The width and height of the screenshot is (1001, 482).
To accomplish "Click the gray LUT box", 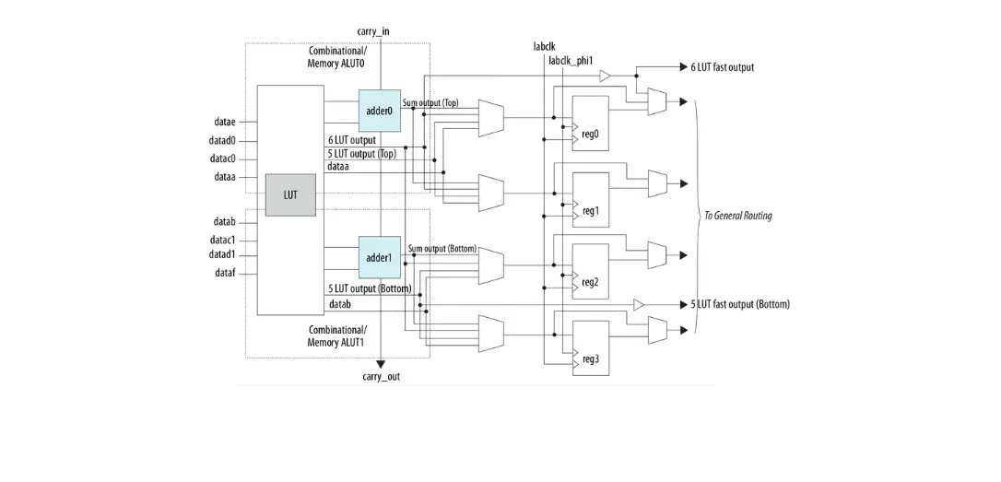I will (x=290, y=194).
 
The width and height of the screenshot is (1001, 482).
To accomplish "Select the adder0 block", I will (x=379, y=111).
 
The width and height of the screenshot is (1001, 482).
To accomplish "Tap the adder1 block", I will (x=379, y=257).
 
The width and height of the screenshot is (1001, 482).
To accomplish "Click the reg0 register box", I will (x=590, y=122).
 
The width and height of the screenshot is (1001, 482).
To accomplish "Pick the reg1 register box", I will (x=590, y=198).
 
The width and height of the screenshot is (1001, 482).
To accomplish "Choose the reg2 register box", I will (x=590, y=271).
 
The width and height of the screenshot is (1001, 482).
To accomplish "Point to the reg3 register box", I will (x=590, y=347).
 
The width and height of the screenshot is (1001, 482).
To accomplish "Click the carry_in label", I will (x=372, y=31).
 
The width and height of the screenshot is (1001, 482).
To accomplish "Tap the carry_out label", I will (x=381, y=377).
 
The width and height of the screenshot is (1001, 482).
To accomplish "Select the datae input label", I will (x=225, y=122).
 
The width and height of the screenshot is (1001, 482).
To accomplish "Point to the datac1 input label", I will (x=222, y=240).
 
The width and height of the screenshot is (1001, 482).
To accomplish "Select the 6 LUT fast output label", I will (x=722, y=67).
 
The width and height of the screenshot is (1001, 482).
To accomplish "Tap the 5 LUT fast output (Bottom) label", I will (x=740, y=304).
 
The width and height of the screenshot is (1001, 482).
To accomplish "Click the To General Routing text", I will (x=737, y=216).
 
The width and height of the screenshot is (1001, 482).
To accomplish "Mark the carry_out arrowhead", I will (x=381, y=364).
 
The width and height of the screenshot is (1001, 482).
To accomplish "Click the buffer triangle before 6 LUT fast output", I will (x=605, y=76).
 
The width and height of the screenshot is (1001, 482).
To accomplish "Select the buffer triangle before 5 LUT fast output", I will (x=639, y=304).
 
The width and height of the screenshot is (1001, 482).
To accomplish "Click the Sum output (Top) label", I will (x=430, y=103).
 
